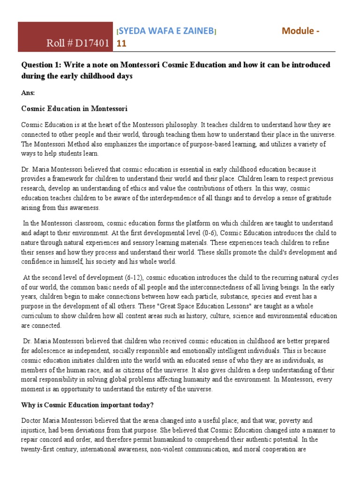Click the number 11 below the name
coord(120,44)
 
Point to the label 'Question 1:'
coord(40,64)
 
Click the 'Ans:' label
coord(28,93)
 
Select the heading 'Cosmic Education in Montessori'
coord(74,108)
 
